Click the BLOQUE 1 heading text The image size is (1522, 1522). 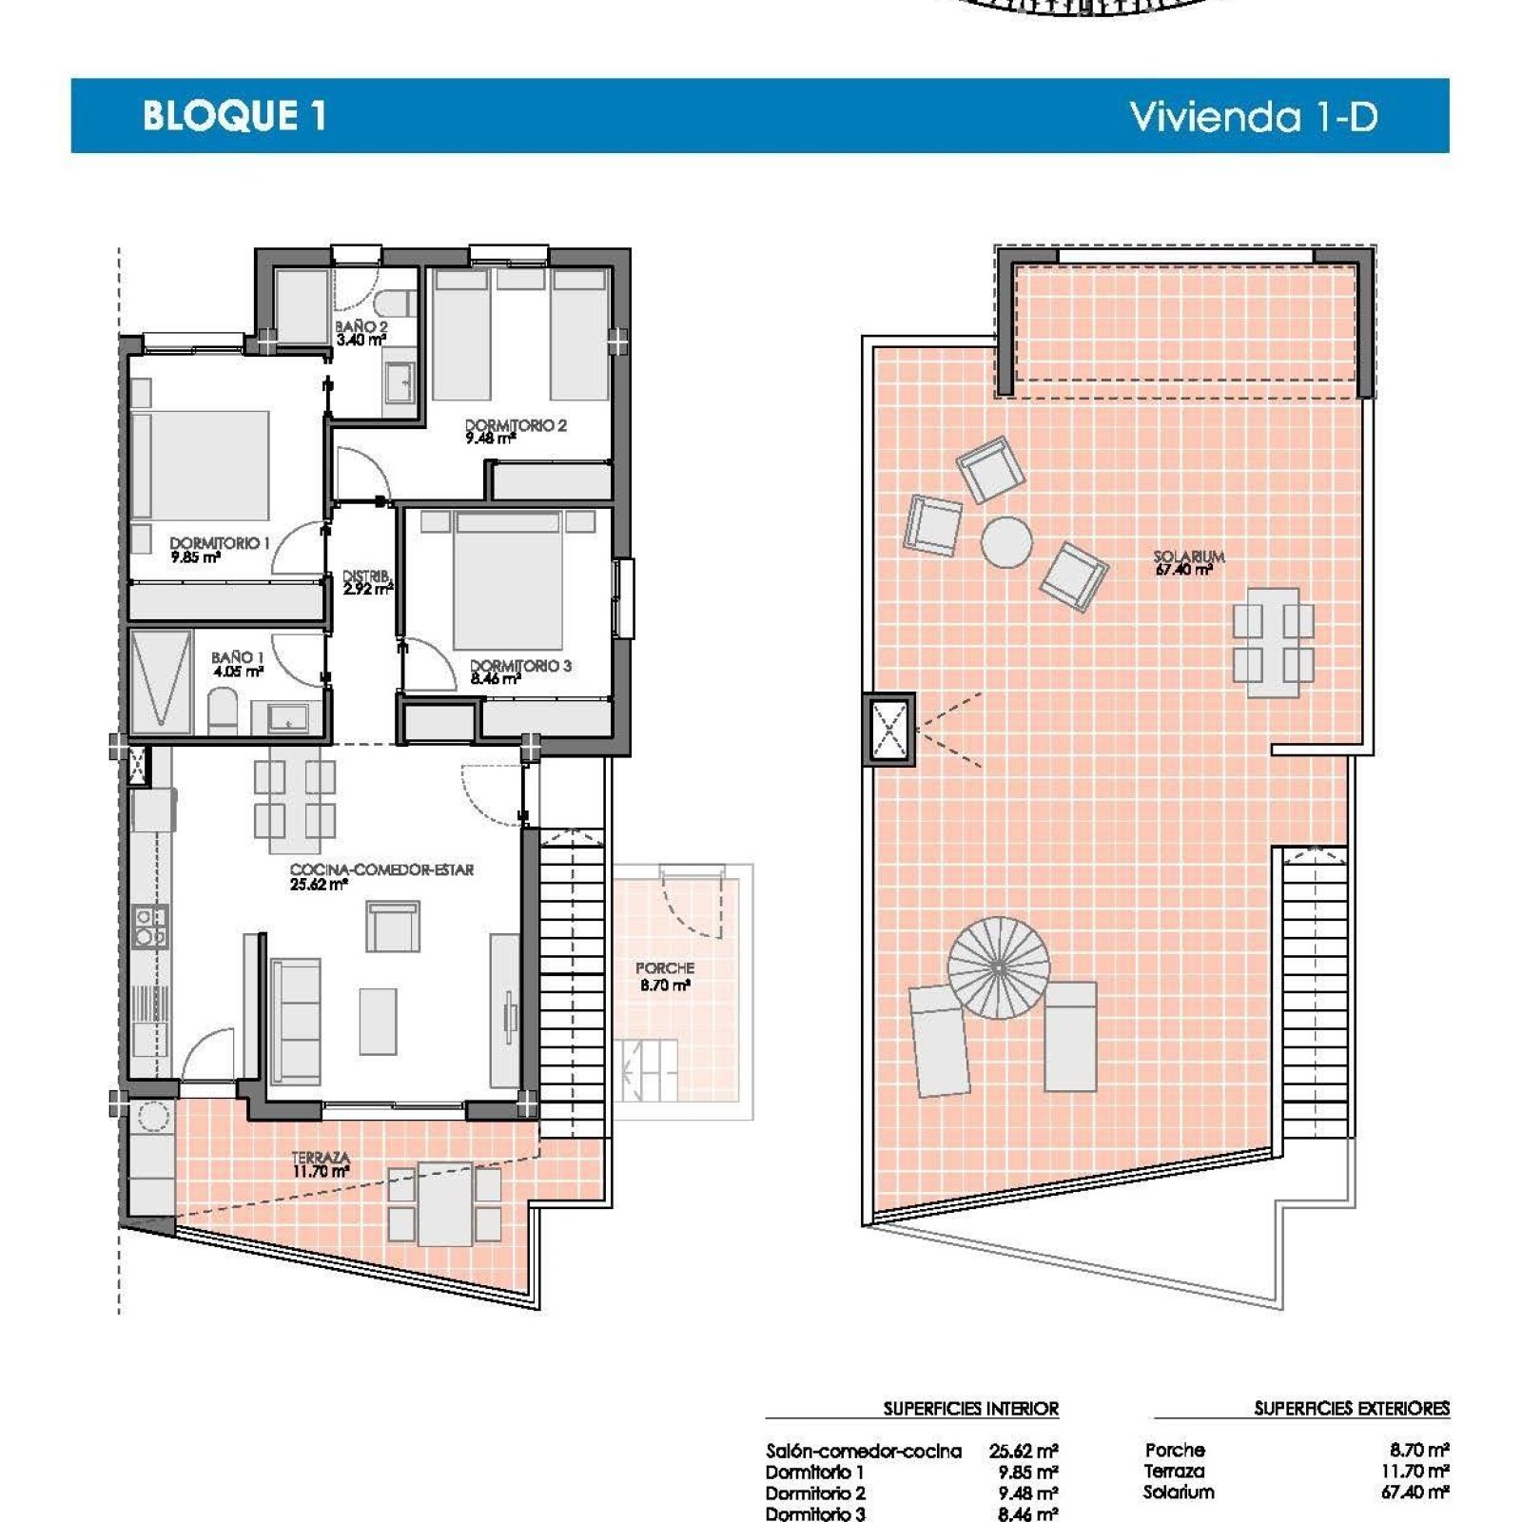(234, 115)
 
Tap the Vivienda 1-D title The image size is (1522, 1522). (1254, 116)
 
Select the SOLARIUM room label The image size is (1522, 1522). (1189, 556)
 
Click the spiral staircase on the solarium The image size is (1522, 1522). (999, 967)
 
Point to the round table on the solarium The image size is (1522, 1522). (1006, 541)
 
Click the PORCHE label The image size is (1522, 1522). (665, 967)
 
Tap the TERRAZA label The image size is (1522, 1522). (321, 1158)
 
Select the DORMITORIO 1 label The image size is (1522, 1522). (220, 543)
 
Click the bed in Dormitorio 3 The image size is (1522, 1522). (506, 580)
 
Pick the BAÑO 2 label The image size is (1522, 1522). (361, 326)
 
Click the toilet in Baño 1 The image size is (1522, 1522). (222, 712)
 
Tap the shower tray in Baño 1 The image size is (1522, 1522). (161, 682)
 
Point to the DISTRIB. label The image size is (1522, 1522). (366, 576)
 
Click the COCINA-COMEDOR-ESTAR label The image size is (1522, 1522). (381, 869)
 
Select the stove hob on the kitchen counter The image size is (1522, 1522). (150, 927)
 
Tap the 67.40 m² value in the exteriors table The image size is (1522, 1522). (1415, 1492)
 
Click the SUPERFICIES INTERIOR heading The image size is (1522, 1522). (970, 1408)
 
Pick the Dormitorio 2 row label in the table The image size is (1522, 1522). (815, 1493)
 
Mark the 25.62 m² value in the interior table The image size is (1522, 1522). (1024, 1451)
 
